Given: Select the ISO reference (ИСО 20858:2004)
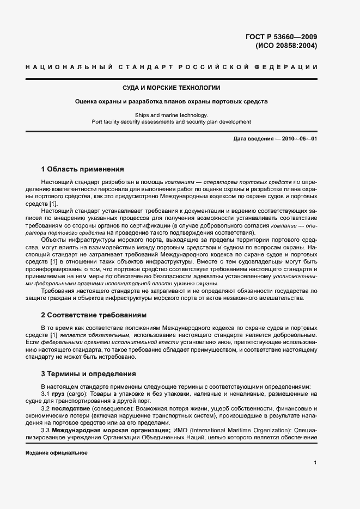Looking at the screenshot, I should pyautogui.click(x=286, y=46).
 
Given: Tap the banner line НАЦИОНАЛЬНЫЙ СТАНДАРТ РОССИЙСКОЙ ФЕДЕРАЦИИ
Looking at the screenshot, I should pyautogui.click(x=172, y=67).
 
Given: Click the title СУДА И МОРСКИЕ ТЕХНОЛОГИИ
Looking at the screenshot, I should pyautogui.click(x=172, y=88).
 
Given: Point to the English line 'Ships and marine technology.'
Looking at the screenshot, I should pyautogui.click(x=172, y=115).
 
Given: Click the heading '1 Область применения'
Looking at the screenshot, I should pyautogui.click(x=83, y=169).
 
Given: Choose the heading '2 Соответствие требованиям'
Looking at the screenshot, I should pyautogui.click(x=94, y=315).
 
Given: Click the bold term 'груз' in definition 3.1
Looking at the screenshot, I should pyautogui.click(x=58, y=393).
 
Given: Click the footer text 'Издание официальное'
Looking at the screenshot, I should pyautogui.click(x=57, y=453).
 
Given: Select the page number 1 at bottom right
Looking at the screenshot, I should pyautogui.click(x=315, y=463).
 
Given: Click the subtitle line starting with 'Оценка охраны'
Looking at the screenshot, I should pyautogui.click(x=172, y=101).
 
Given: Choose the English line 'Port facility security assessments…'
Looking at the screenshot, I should pyautogui.click(x=172, y=122).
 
